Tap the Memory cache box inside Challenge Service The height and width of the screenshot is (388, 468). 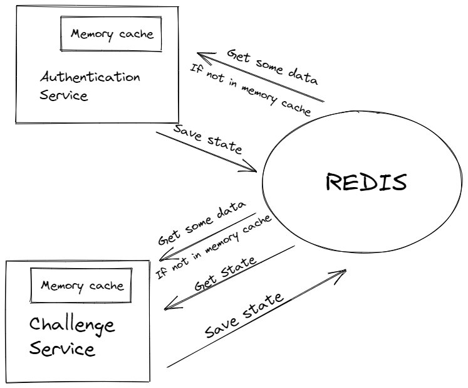click(x=82, y=286)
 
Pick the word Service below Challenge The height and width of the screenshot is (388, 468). click(x=63, y=349)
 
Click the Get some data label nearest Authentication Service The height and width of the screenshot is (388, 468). click(x=272, y=67)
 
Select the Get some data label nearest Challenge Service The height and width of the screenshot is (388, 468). click(x=202, y=225)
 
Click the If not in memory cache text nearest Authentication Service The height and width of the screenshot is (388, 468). click(x=250, y=92)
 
